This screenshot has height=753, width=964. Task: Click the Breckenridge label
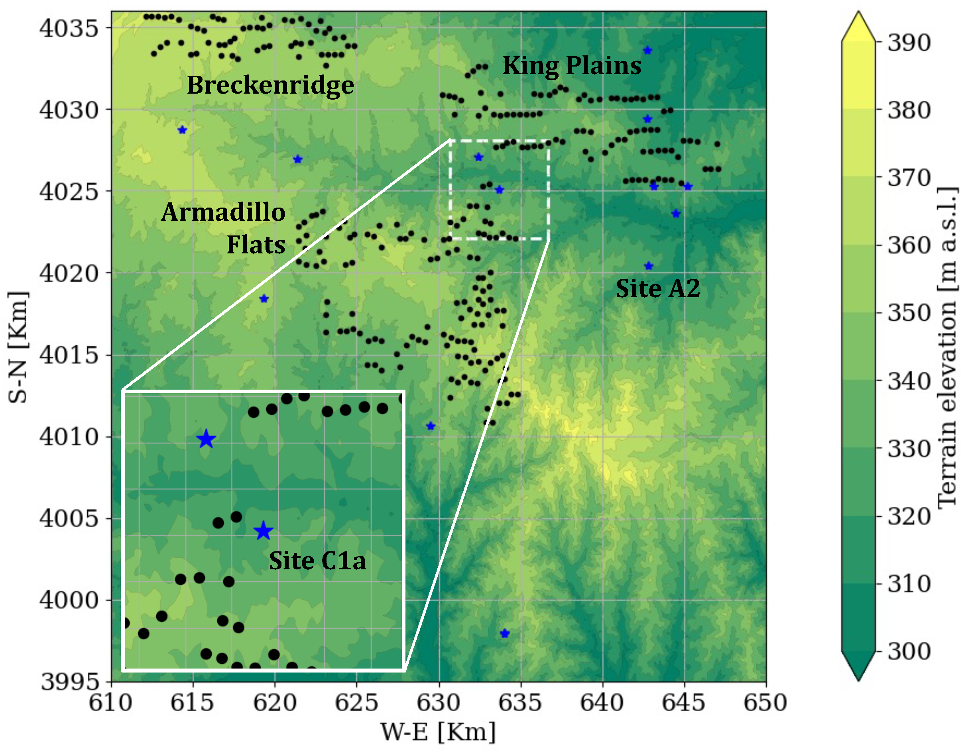[x=270, y=85]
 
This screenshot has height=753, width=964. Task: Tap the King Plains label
[x=572, y=66]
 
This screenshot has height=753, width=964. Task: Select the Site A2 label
[x=658, y=288]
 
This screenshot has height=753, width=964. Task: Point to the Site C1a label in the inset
[x=317, y=561]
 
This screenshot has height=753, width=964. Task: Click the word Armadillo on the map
[x=223, y=212]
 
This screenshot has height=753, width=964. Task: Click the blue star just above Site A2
[x=648, y=266]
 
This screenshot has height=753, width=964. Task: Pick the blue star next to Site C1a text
[x=264, y=531]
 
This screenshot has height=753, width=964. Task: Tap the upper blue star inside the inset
[x=206, y=439]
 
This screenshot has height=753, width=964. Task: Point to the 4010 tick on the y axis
[x=69, y=437]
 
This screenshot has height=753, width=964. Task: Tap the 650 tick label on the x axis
[x=765, y=703]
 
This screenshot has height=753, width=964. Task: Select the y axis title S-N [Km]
[x=18, y=347]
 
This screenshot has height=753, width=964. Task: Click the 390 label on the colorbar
[x=909, y=43]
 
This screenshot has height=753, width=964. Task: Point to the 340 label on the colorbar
[x=909, y=381]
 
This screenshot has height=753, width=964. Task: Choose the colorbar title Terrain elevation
[x=947, y=349]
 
